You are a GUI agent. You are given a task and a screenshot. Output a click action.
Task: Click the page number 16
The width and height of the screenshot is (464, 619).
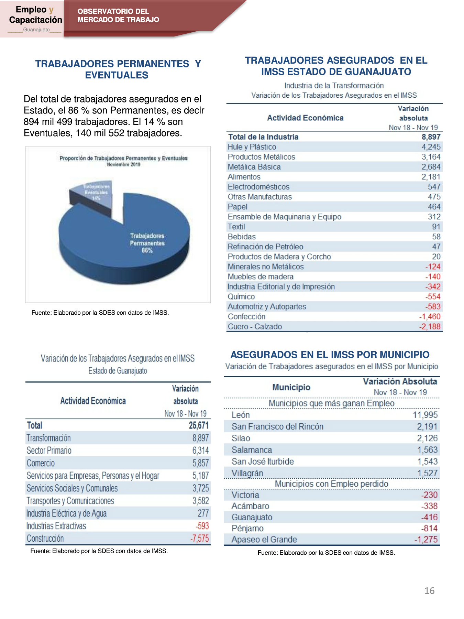[x=429, y=591]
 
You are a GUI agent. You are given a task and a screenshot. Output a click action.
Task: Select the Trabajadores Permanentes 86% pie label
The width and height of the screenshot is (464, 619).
[x=147, y=243]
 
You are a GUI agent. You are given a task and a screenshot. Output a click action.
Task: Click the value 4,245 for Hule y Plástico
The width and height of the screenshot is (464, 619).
[x=431, y=147]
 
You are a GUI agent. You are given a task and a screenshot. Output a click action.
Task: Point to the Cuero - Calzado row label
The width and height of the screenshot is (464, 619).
[x=255, y=326]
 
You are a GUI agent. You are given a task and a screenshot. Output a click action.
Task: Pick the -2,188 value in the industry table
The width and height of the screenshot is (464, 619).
[x=430, y=326]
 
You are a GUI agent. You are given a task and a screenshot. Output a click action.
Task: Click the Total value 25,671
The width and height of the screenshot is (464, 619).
[x=199, y=425]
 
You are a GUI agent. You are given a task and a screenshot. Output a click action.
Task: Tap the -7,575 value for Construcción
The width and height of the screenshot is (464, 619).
[x=200, y=539]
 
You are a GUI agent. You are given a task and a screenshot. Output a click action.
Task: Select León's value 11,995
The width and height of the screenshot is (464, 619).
[x=425, y=415]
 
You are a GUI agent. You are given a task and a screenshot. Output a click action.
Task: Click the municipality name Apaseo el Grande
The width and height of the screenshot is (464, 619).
[x=264, y=540]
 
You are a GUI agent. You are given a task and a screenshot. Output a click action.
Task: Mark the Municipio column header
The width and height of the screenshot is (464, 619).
[x=291, y=387]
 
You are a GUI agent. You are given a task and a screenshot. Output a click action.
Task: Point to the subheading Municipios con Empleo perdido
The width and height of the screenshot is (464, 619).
[x=331, y=484]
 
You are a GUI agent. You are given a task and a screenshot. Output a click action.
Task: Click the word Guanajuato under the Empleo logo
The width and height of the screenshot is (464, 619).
[x=36, y=30]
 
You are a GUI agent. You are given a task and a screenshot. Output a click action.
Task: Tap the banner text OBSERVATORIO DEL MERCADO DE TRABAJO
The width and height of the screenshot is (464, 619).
[x=118, y=15]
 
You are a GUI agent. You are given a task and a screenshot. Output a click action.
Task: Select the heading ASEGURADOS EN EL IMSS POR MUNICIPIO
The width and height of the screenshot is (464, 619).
[x=330, y=355]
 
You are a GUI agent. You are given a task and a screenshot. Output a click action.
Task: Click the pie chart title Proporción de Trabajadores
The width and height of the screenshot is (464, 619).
[x=123, y=158]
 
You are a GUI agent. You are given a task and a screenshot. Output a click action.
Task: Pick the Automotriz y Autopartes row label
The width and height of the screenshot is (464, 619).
[x=267, y=306]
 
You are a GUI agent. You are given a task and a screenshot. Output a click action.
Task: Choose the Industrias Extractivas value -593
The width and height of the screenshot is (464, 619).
[x=202, y=526]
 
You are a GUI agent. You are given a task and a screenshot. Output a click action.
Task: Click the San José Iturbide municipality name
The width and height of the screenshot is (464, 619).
[x=263, y=461]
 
